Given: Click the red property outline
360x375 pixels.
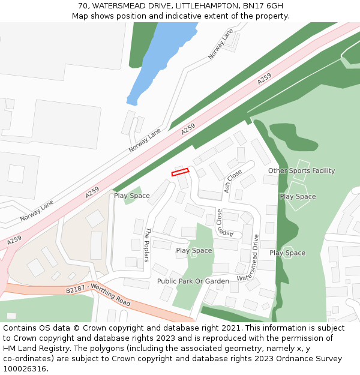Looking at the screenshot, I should pos(180,172).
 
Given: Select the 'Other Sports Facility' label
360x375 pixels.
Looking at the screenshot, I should pos(301,171).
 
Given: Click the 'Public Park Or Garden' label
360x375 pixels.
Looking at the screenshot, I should pos(193,281).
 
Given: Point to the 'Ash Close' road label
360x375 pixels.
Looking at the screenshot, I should pos(233,181).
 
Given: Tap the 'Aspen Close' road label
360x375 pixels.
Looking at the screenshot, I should pos(220,224).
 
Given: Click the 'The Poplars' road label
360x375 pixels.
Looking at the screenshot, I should pos(147,245).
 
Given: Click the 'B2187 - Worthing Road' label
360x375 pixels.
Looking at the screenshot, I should pos(98,295).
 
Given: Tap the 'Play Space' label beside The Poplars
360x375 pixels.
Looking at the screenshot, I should pos(132,196).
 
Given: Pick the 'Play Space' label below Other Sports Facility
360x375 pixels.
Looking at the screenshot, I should pos(298,197).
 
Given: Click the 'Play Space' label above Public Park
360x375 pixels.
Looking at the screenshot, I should pos(194,251).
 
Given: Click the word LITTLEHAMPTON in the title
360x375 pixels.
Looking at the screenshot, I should pos(206,6).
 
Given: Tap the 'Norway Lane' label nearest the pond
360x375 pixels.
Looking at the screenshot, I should pos(220,44).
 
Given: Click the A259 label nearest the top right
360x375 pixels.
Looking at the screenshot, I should pos(264,79).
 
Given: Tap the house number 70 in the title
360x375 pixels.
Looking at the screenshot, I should pos(82,6).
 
